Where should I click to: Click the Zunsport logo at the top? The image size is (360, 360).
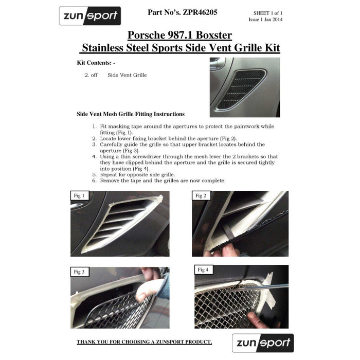click(90, 16)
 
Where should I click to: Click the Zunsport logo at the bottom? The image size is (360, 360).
click(263, 343)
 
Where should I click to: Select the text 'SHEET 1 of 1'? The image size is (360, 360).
click(268, 12)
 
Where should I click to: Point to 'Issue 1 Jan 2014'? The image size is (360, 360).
click(265, 20)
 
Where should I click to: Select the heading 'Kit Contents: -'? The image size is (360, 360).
click(96, 62)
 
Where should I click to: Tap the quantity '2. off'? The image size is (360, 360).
click(91, 75)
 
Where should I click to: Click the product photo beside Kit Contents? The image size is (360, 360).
click(245, 87)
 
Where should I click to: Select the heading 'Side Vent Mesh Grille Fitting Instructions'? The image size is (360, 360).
click(131, 114)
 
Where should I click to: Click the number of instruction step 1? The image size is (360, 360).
click(94, 127)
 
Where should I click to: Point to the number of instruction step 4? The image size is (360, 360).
click(94, 156)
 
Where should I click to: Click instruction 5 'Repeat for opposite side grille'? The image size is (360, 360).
click(138, 175)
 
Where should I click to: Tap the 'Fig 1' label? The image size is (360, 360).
click(80, 196)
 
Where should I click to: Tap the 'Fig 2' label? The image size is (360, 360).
click(201, 196)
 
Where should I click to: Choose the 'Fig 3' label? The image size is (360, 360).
click(80, 272)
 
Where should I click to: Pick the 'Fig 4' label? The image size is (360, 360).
click(203, 269)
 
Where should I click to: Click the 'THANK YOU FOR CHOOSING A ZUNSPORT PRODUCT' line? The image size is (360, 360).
click(144, 342)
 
